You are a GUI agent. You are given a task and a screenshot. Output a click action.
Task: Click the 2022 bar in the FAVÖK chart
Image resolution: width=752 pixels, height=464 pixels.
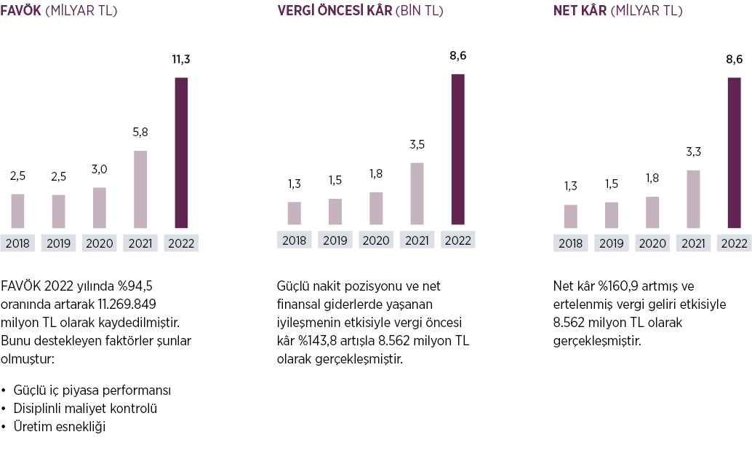(x=181, y=152)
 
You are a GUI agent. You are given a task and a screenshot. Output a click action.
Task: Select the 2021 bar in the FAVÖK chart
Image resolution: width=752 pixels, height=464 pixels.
(x=140, y=189)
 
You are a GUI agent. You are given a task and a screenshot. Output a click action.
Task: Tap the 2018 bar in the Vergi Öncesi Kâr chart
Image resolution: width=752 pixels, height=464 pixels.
(x=294, y=213)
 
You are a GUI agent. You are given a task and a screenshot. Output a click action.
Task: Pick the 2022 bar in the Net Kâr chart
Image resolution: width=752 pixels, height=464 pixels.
(x=734, y=152)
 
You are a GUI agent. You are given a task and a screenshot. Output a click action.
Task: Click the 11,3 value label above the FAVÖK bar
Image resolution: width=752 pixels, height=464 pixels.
(x=181, y=59)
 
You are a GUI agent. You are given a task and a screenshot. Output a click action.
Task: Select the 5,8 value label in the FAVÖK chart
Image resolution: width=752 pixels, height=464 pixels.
(x=140, y=133)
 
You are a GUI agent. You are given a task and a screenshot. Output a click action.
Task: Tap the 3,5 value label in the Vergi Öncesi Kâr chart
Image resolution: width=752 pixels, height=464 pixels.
(x=417, y=145)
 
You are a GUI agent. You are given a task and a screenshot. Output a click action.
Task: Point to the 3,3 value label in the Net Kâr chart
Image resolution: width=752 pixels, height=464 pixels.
(x=693, y=152)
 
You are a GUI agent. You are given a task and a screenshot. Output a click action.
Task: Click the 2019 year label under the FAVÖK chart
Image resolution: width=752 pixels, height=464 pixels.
(x=58, y=243)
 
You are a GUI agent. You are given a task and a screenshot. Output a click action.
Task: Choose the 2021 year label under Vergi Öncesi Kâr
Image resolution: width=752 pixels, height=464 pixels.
(x=417, y=240)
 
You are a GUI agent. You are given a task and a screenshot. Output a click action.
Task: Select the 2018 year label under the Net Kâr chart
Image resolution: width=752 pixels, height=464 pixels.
(x=571, y=243)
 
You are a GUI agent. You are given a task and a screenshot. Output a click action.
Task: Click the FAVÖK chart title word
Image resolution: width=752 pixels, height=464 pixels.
(x=20, y=11)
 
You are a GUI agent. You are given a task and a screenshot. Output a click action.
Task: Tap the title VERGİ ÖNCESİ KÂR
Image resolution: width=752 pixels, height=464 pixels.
(x=335, y=11)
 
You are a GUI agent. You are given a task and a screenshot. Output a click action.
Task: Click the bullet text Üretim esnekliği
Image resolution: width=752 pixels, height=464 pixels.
(x=60, y=427)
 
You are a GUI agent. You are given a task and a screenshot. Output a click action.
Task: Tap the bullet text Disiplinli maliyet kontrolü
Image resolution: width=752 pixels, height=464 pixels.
(x=85, y=409)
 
